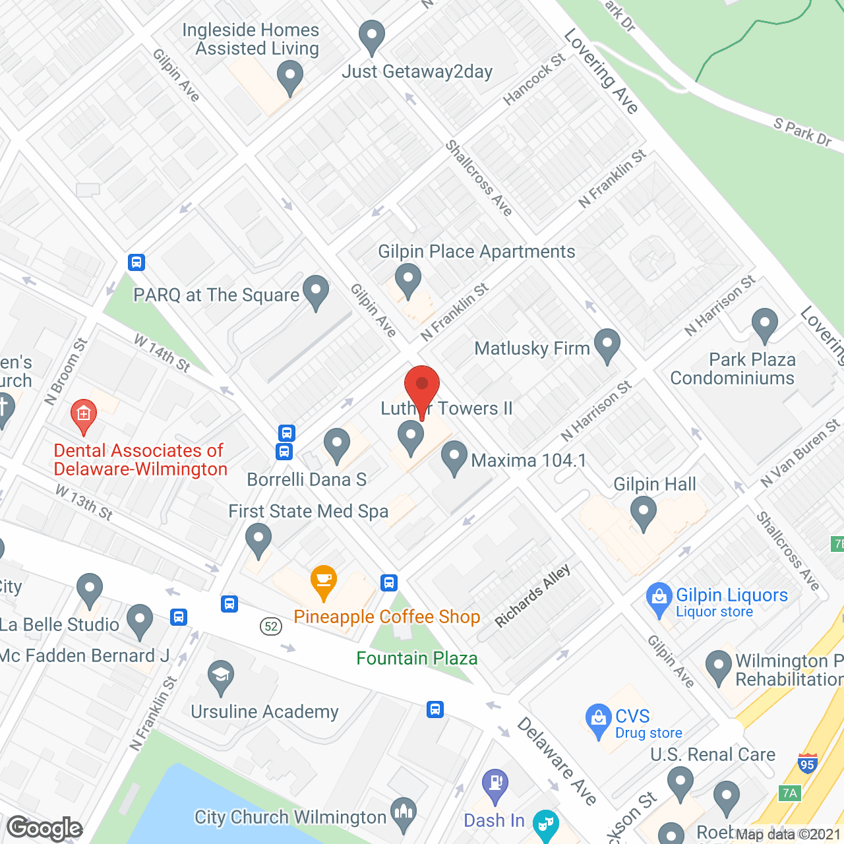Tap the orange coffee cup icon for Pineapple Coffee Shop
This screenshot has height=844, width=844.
[x=324, y=581]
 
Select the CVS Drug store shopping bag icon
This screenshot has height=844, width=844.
[x=598, y=719]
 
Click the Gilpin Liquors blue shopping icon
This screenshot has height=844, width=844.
[x=659, y=599]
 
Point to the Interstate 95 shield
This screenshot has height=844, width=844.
[x=807, y=764]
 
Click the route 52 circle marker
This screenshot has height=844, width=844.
[x=271, y=626]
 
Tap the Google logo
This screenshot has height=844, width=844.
[x=45, y=828]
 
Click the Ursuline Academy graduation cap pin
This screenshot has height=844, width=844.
[x=221, y=677]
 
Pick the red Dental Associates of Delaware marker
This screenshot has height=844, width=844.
[x=84, y=415]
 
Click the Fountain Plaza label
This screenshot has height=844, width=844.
[x=417, y=658]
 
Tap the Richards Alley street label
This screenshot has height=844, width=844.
[x=532, y=596]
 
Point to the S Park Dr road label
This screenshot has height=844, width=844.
[x=802, y=132]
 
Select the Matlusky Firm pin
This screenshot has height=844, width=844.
[x=607, y=345]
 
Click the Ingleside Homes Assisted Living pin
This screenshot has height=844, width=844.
[x=290, y=76]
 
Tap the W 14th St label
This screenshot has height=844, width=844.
[x=162, y=353]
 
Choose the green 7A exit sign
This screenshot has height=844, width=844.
[x=790, y=793]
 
